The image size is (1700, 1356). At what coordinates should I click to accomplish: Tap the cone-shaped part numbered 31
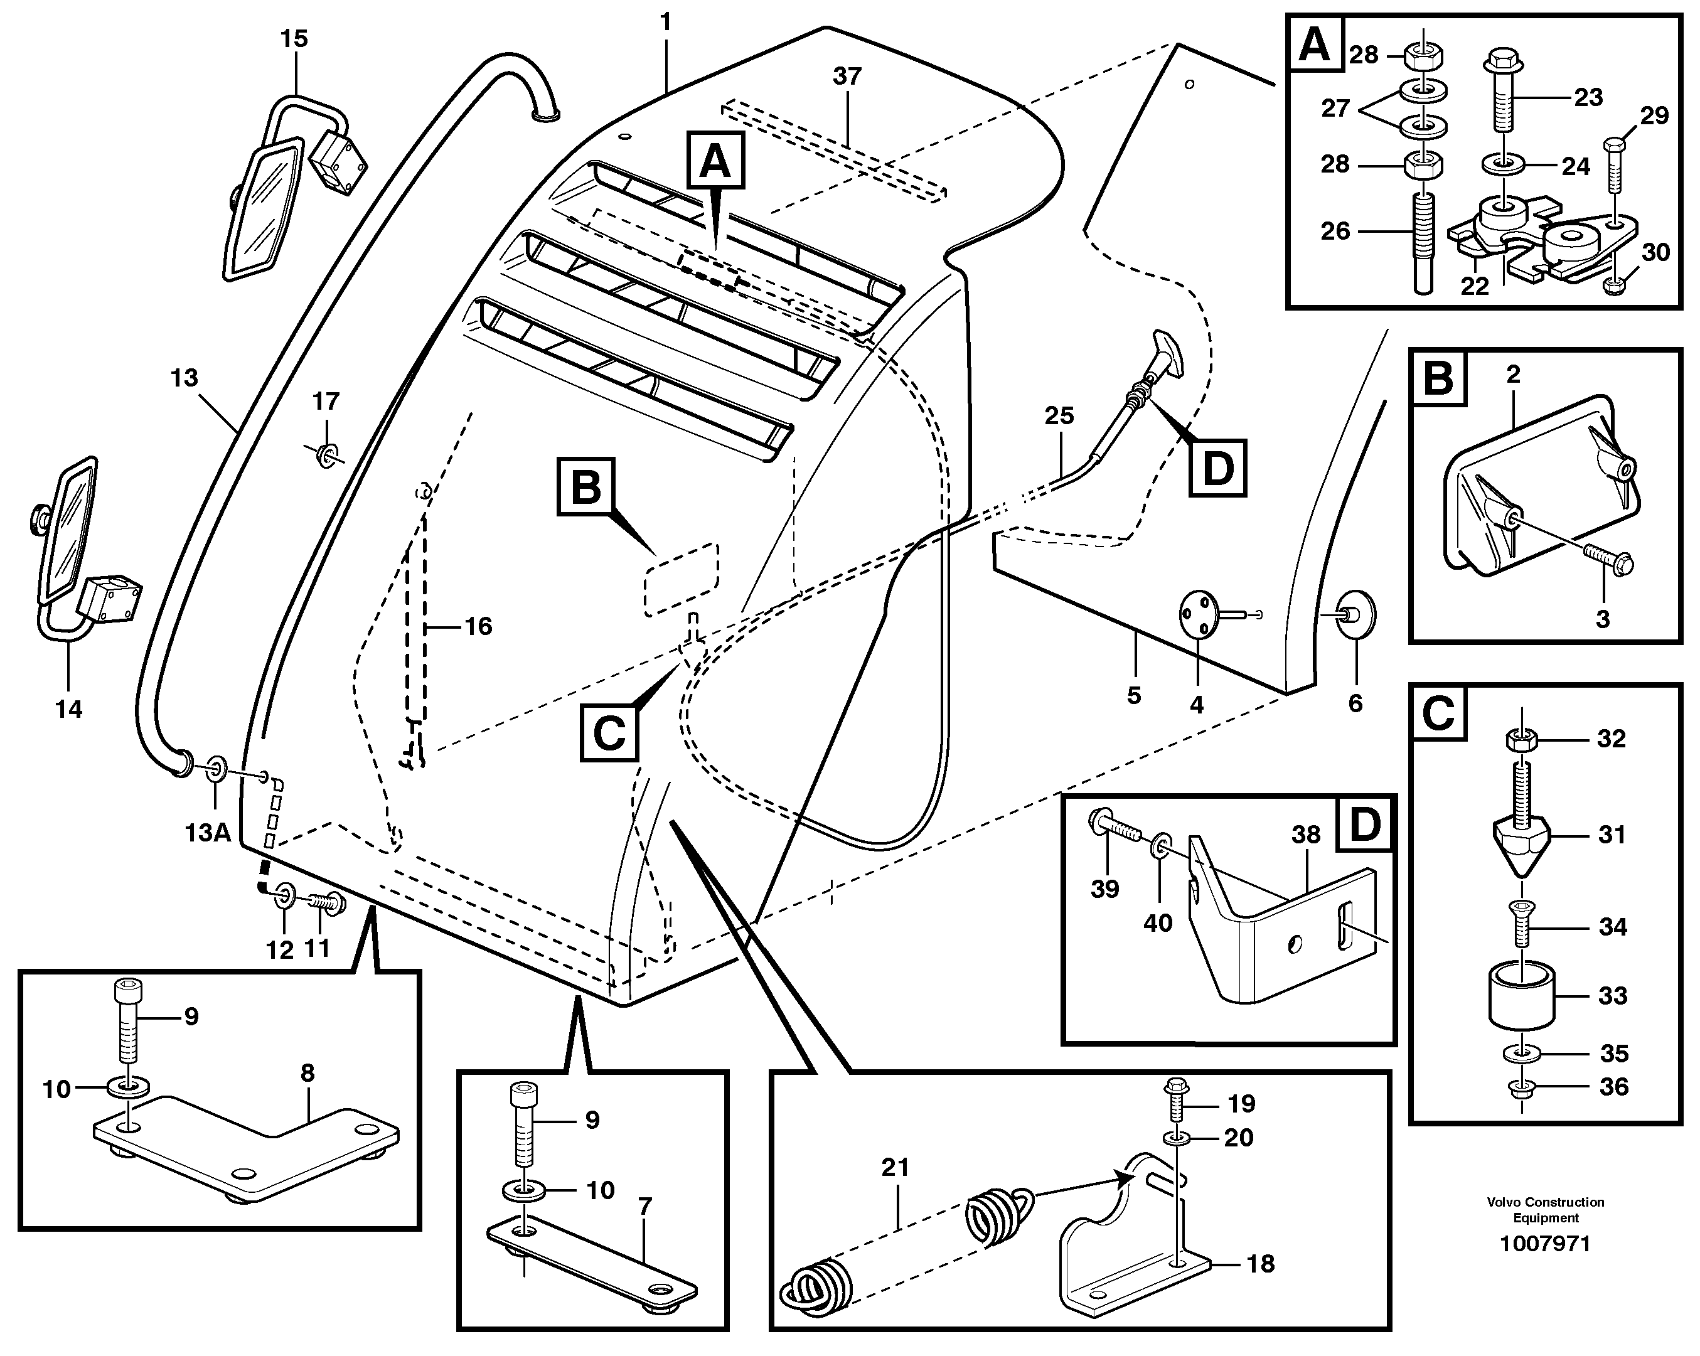pos(1522,842)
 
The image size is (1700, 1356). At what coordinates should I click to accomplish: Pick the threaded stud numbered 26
pos(1424,244)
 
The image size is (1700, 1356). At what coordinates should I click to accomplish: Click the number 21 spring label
pos(895,1166)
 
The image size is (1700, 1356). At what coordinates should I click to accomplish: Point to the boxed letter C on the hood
pos(609,733)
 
